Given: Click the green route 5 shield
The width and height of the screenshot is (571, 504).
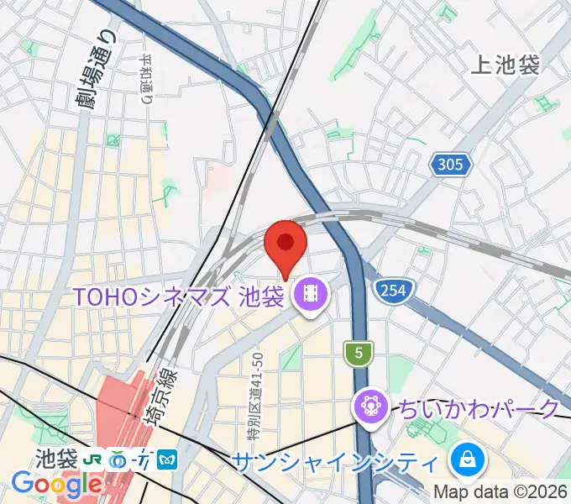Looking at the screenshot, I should coord(359,354).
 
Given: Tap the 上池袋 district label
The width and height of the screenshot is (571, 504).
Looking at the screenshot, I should coord(506,65).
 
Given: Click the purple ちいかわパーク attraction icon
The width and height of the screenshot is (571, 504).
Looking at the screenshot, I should coord(369,408).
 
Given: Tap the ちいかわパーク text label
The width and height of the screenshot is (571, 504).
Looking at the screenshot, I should coord(478,409).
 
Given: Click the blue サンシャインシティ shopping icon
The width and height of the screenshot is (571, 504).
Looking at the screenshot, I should coord(464,460).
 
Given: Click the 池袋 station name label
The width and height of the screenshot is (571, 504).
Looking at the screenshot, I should coord(56,459).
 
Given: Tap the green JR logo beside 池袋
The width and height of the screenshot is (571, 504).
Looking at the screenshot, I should coord(93,460).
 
